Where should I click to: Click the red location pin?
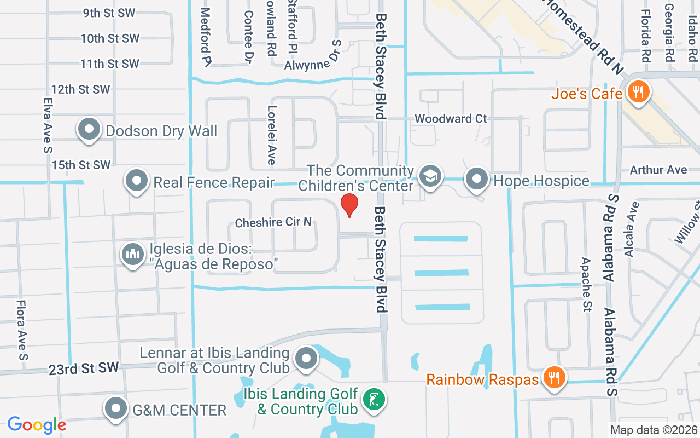349,205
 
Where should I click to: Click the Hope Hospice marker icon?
477,178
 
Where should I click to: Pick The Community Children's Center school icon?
430,176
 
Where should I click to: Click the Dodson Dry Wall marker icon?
89,130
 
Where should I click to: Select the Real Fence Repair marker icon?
137,181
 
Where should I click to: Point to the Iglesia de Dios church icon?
132,255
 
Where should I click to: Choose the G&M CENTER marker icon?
116,408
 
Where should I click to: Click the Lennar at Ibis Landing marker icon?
306,359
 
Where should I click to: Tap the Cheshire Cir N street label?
273,222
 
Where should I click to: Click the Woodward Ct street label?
451,118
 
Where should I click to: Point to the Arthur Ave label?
658,170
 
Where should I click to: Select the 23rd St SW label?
83,368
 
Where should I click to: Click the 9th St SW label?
109,13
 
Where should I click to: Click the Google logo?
37,424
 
